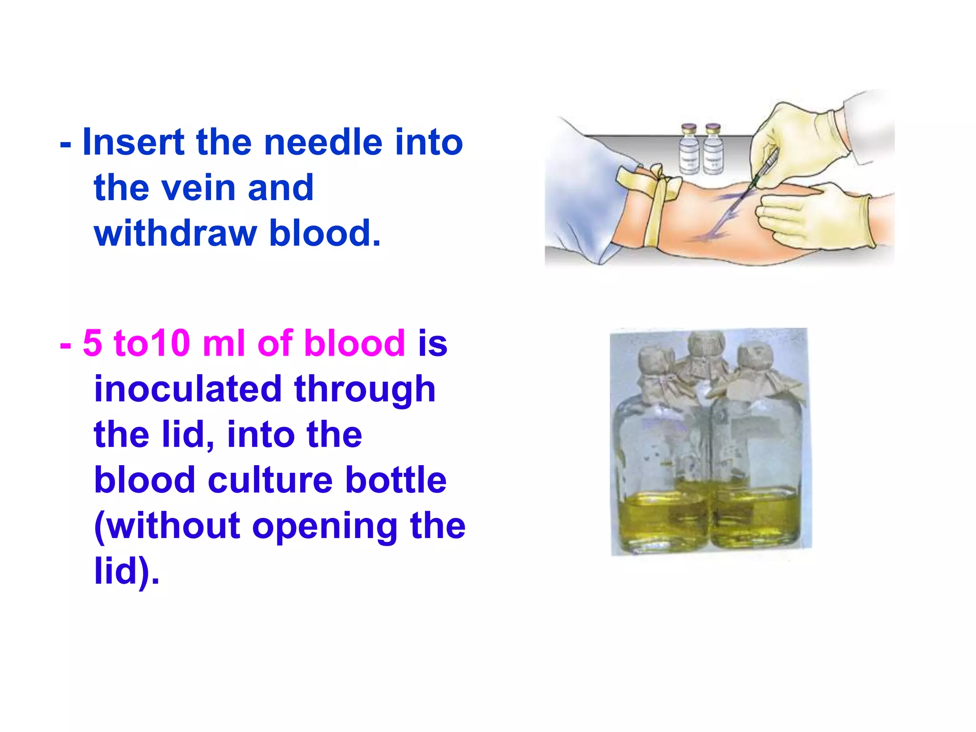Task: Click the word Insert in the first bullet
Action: pos(133,142)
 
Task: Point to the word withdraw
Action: pos(175,233)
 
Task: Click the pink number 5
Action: pos(92,343)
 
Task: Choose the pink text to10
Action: pos(152,343)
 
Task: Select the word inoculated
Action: pos(187,388)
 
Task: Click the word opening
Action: pos(324,526)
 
